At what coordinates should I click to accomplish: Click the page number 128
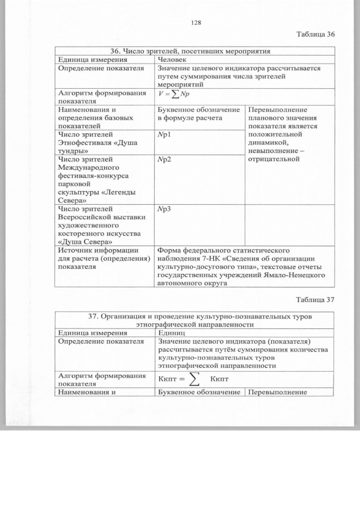(x=196, y=22)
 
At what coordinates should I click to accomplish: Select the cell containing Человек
(x=172, y=58)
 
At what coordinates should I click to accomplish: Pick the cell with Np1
(x=164, y=135)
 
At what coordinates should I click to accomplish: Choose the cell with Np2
(x=164, y=160)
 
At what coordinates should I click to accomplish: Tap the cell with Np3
(x=164, y=209)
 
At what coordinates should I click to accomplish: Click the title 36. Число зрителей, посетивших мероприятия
(x=195, y=51)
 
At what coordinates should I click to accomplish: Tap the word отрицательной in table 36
(x=273, y=159)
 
